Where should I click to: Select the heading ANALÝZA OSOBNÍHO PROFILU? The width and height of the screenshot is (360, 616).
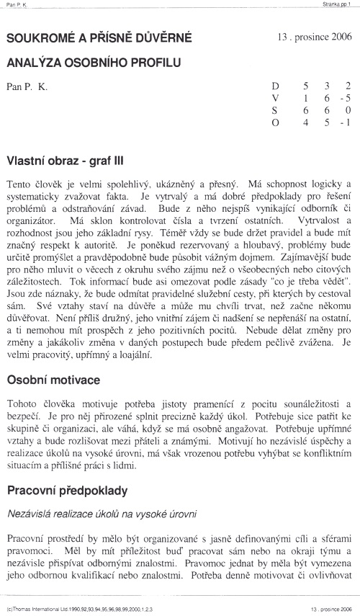point(90,63)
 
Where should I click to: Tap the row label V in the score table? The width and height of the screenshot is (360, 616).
point(274,98)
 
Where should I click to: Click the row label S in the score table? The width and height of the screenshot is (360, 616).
point(274,110)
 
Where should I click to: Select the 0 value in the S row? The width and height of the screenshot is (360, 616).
point(348,110)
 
